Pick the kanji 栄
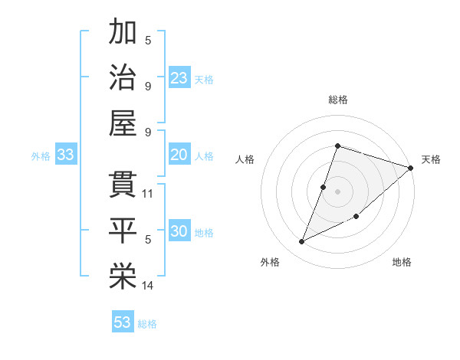123,277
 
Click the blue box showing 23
179,77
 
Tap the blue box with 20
179,155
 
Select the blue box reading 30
179,231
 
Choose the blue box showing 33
66,155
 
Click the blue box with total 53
123,322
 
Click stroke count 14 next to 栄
148,286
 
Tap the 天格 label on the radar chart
431,159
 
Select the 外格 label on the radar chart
270,262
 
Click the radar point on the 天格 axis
411,168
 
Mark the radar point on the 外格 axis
302,242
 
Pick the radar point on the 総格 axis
337,146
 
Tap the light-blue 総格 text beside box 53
147,324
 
